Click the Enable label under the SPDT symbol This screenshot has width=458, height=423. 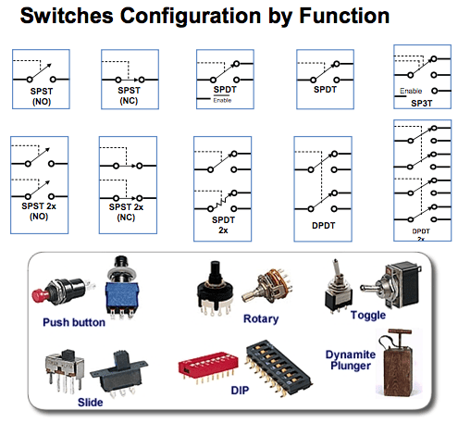222,100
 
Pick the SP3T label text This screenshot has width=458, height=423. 420,103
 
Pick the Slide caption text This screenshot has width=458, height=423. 90,401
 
